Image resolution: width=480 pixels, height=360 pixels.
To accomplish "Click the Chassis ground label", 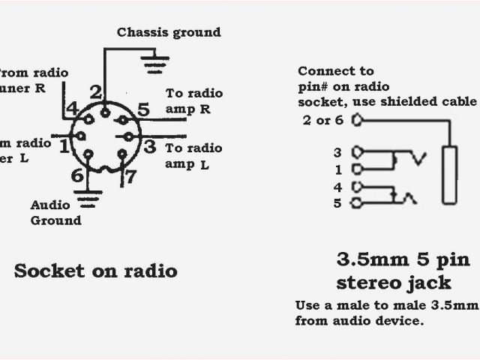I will pyautogui.click(x=169, y=32).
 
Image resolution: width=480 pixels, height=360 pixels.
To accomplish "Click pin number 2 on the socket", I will pyautogui.click(x=96, y=92).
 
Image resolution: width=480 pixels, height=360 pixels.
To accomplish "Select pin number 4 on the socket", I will pyautogui.click(x=72, y=109).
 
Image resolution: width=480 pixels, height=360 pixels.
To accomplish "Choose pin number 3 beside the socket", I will pyautogui.click(x=149, y=146).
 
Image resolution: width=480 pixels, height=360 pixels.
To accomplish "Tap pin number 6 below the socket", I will pyautogui.click(x=77, y=175).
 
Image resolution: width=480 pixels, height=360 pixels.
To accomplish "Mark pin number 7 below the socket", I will pyautogui.click(x=129, y=178).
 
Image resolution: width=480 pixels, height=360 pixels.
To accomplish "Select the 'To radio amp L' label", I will pyautogui.click(x=193, y=156).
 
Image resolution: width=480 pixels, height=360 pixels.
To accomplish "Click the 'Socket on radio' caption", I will pyautogui.click(x=95, y=271).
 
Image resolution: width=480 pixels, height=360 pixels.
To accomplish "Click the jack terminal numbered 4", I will pyautogui.click(x=337, y=187).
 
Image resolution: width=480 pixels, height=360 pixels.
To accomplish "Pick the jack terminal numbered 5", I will pyautogui.click(x=337, y=202).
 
